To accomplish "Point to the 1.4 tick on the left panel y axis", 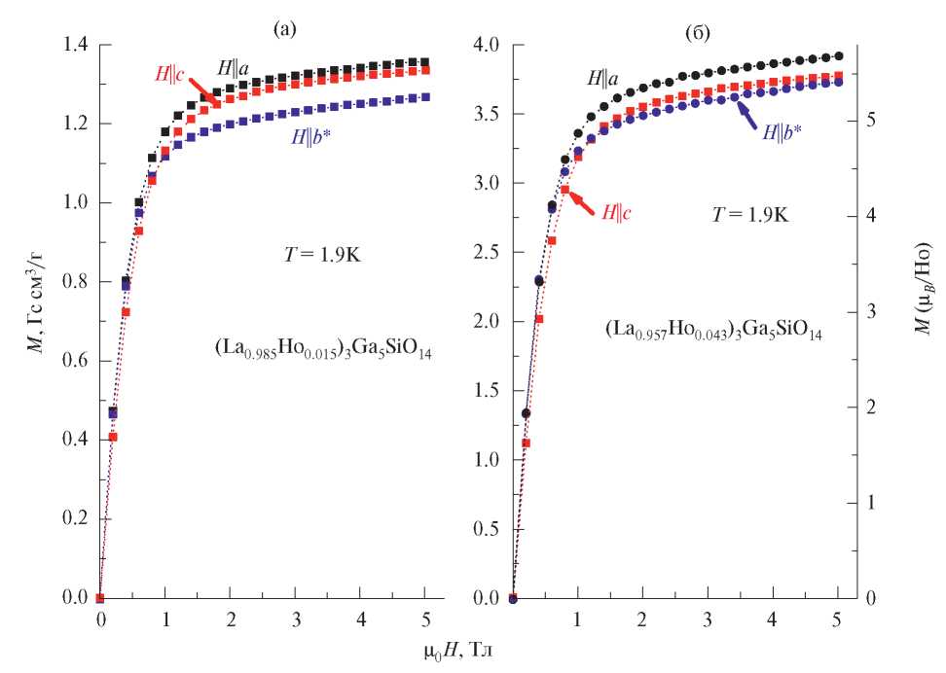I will point(76,46).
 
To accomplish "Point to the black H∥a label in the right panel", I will point(602,73).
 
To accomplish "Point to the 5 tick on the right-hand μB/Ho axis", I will point(872,120).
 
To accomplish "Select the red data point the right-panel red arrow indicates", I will point(564,190).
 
